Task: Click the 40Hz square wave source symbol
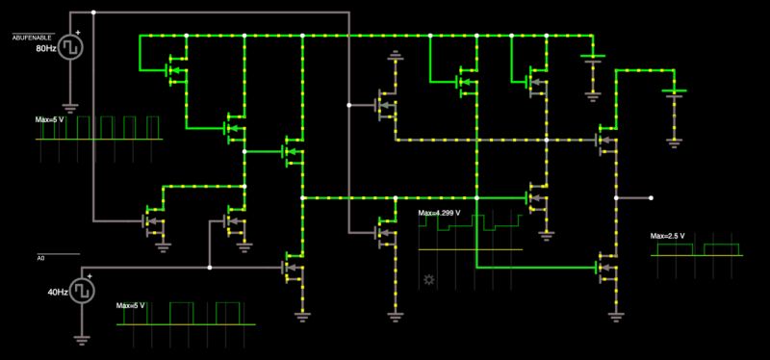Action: coord(82,289)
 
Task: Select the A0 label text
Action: coord(41,258)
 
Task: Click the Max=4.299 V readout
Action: coord(439,213)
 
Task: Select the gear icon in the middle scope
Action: coord(428,280)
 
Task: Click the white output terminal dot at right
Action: coord(652,197)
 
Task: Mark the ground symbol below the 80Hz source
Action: coord(70,107)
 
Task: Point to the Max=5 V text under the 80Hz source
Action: coord(51,119)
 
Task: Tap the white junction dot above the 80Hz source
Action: coord(93,13)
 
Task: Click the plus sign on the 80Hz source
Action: coord(79,33)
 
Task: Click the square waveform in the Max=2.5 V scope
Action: coord(698,249)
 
